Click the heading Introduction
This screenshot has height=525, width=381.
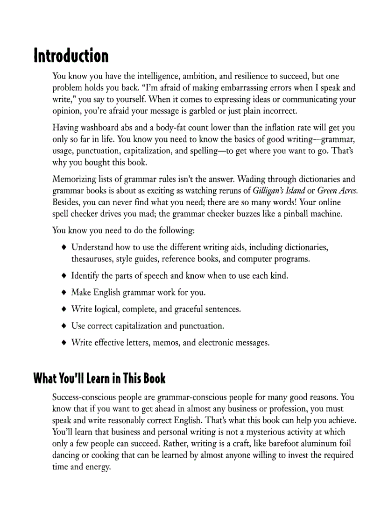pos(71,56)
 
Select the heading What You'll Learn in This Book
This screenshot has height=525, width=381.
pos(99,378)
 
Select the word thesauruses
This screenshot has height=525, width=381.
pos(92,259)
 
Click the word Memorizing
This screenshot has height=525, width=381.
pos(75,180)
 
